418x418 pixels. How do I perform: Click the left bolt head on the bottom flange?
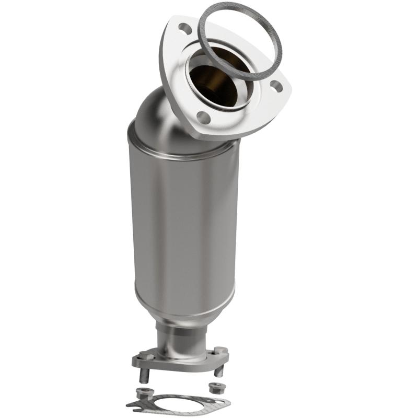click(146, 355)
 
